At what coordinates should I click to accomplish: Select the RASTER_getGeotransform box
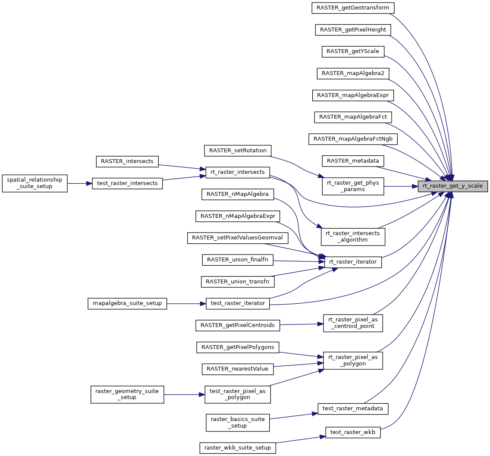coord(353,7)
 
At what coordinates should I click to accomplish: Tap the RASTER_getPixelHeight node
coord(353,29)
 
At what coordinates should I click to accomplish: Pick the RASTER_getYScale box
coord(353,51)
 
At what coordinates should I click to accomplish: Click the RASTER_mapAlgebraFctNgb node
coord(353,139)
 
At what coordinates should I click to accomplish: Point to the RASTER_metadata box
coord(353,161)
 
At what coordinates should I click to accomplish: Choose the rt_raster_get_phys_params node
coord(353,186)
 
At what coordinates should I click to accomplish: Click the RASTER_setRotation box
coord(238,150)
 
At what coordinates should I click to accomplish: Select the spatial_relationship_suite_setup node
coord(35,183)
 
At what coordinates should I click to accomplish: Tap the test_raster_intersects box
coord(127,183)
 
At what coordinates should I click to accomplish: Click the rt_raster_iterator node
coord(353,261)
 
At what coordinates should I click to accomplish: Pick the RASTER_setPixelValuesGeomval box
coord(237,238)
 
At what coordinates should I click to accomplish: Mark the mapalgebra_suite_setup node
coord(127,303)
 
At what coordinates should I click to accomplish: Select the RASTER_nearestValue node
coord(237,369)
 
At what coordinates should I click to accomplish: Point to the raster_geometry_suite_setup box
coord(127,394)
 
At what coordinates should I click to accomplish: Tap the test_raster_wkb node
coord(353,432)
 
